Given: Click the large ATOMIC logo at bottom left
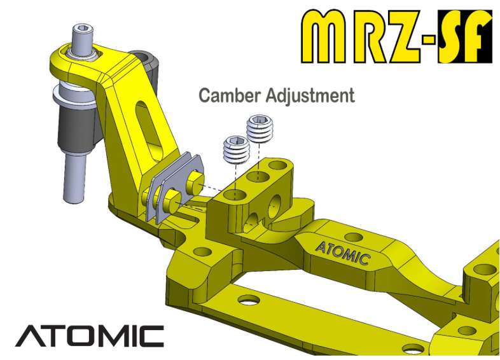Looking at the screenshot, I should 89,336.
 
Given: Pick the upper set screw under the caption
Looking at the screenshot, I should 260,130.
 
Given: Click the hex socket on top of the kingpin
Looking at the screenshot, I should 81,30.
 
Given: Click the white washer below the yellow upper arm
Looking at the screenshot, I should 71,96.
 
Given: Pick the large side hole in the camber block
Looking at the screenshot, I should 277,204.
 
